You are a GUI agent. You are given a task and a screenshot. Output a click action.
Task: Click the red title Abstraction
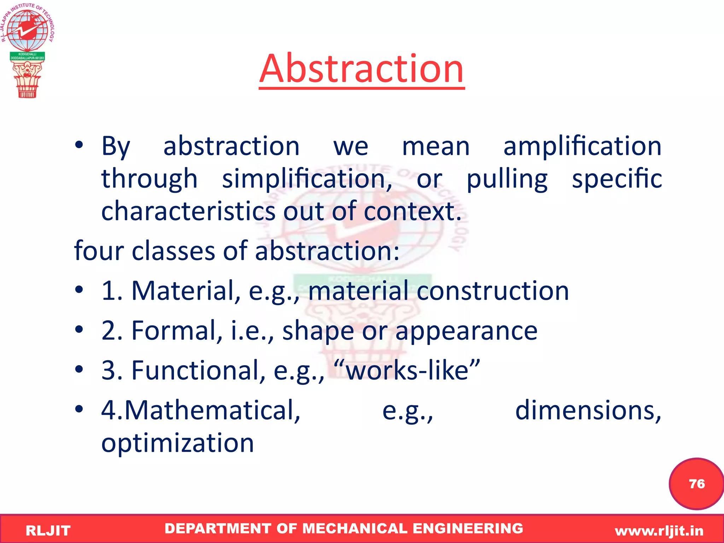pyautogui.click(x=361, y=69)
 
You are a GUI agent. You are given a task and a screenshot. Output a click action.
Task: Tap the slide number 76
pyautogui.click(x=696, y=484)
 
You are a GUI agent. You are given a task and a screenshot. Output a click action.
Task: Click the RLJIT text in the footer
pyautogui.click(x=48, y=531)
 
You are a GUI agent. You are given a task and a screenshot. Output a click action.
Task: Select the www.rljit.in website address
pyautogui.click(x=659, y=531)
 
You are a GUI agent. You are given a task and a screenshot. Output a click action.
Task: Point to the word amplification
pyautogui.click(x=582, y=146)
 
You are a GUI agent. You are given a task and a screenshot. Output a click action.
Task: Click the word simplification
pyautogui.click(x=307, y=179)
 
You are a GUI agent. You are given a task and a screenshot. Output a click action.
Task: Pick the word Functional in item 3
pyautogui.click(x=198, y=370)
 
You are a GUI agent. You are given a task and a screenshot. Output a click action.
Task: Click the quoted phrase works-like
pyautogui.click(x=407, y=370)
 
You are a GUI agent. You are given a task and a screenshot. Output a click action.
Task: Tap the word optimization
pyautogui.click(x=177, y=443)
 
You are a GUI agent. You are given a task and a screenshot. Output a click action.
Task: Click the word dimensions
pyautogui.click(x=588, y=410)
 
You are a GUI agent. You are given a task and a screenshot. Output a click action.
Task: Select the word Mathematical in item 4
pyautogui.click(x=212, y=410)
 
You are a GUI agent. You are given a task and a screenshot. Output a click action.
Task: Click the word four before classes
pyautogui.click(x=99, y=251)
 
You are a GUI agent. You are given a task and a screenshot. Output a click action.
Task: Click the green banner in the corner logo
pyautogui.click(x=27, y=56)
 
